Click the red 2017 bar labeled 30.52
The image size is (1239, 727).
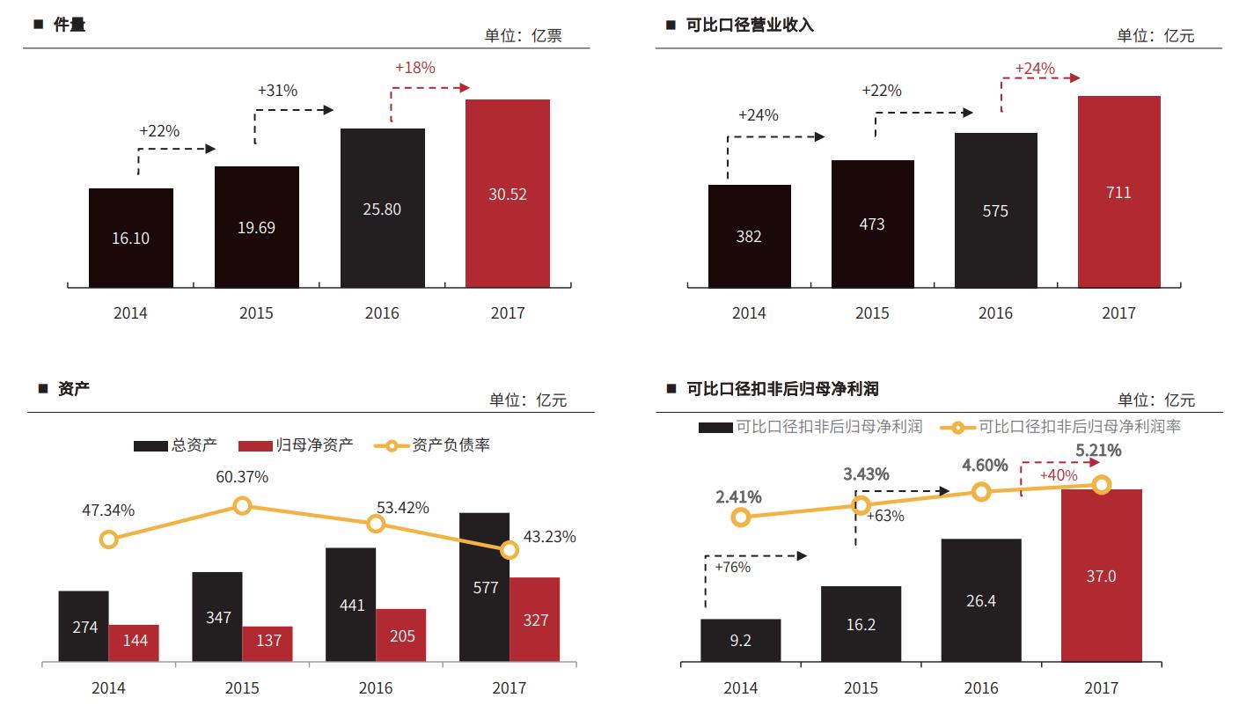(x=507, y=194)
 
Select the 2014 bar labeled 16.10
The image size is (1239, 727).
(x=130, y=238)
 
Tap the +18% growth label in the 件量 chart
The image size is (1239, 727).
(x=415, y=68)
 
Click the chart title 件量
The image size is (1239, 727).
(x=70, y=25)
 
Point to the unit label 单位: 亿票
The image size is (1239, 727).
(x=523, y=36)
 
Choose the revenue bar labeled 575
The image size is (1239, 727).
(x=995, y=211)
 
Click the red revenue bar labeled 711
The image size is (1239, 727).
(x=1118, y=192)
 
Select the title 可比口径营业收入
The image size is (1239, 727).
(x=750, y=25)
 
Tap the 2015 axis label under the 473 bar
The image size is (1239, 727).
(x=872, y=313)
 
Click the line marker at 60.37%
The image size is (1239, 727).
(x=243, y=505)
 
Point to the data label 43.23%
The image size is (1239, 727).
(x=549, y=537)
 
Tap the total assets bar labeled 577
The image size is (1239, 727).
(x=485, y=587)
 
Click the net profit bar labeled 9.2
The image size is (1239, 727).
(x=740, y=641)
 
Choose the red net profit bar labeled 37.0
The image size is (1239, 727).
(x=1101, y=576)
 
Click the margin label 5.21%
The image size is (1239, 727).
(x=1098, y=451)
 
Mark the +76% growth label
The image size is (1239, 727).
(x=732, y=568)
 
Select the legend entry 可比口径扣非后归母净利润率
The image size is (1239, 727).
(x=1079, y=427)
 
